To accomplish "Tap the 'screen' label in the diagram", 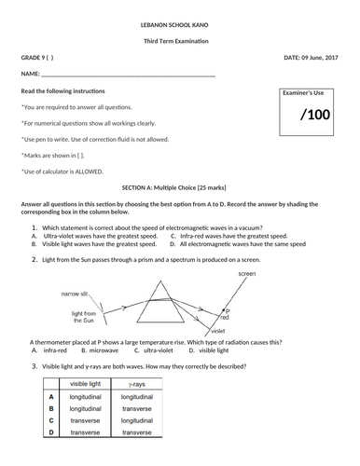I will coord(246,275).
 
